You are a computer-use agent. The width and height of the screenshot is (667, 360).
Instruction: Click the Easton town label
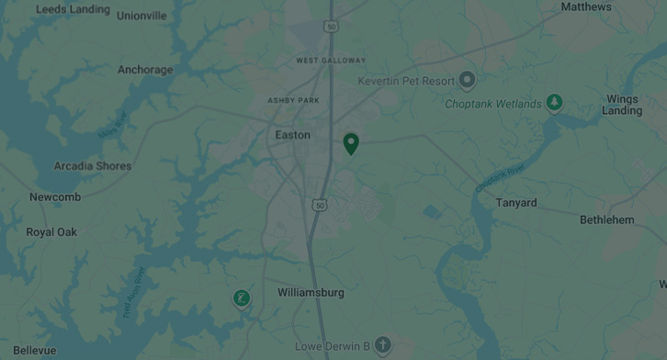[292, 135]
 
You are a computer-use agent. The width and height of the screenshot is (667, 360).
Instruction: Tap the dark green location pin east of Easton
[350, 143]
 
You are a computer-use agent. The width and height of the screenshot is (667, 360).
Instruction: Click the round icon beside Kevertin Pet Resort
[468, 81]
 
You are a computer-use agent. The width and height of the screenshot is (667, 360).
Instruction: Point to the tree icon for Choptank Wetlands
[554, 102]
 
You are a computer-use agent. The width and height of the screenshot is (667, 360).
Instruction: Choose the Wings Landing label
[622, 105]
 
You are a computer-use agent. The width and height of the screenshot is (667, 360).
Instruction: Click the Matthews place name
[586, 7]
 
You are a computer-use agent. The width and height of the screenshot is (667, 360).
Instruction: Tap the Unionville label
[142, 16]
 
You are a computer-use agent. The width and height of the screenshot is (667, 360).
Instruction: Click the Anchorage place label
[145, 70]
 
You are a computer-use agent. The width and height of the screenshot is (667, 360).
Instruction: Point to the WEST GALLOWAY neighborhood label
[330, 61]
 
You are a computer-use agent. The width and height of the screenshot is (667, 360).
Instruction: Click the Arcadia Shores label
[93, 166]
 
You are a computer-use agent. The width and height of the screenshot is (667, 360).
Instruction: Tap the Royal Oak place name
[51, 232]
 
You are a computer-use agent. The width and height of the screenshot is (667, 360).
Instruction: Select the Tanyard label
[516, 203]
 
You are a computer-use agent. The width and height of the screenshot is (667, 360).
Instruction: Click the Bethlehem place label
[607, 220]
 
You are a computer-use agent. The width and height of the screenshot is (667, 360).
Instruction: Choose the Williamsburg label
[311, 293]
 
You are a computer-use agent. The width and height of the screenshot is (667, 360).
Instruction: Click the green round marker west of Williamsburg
[241, 298]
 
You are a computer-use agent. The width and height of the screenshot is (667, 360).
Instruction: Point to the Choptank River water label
[500, 177]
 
